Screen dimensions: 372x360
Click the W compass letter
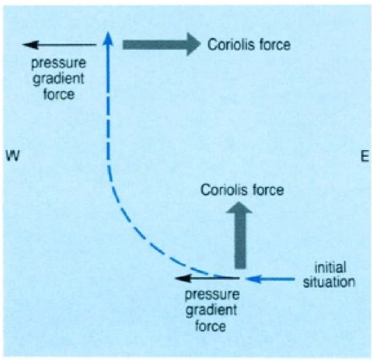[x=13, y=156]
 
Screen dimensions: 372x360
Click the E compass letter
[x=364, y=156]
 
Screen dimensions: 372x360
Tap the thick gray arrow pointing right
[x=161, y=45]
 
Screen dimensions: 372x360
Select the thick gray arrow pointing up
[x=240, y=235]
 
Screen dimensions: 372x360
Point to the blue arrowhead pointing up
[x=108, y=39]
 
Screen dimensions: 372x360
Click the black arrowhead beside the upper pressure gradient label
[x=30, y=45]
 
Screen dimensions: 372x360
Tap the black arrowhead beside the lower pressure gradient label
[x=183, y=278]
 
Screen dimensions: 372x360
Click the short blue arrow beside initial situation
[x=270, y=279]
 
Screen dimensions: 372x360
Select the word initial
[x=330, y=267]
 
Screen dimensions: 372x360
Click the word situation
[x=329, y=282]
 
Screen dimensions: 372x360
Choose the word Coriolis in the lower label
[x=221, y=191]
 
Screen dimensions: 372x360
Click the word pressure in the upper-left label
[x=58, y=63]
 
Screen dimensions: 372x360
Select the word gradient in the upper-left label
[x=58, y=79]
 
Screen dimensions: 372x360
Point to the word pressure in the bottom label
[x=213, y=295]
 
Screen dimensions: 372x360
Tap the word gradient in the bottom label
[x=212, y=310]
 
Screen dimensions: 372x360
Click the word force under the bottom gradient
[x=210, y=326]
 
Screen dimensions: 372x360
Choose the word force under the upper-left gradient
[x=59, y=94]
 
